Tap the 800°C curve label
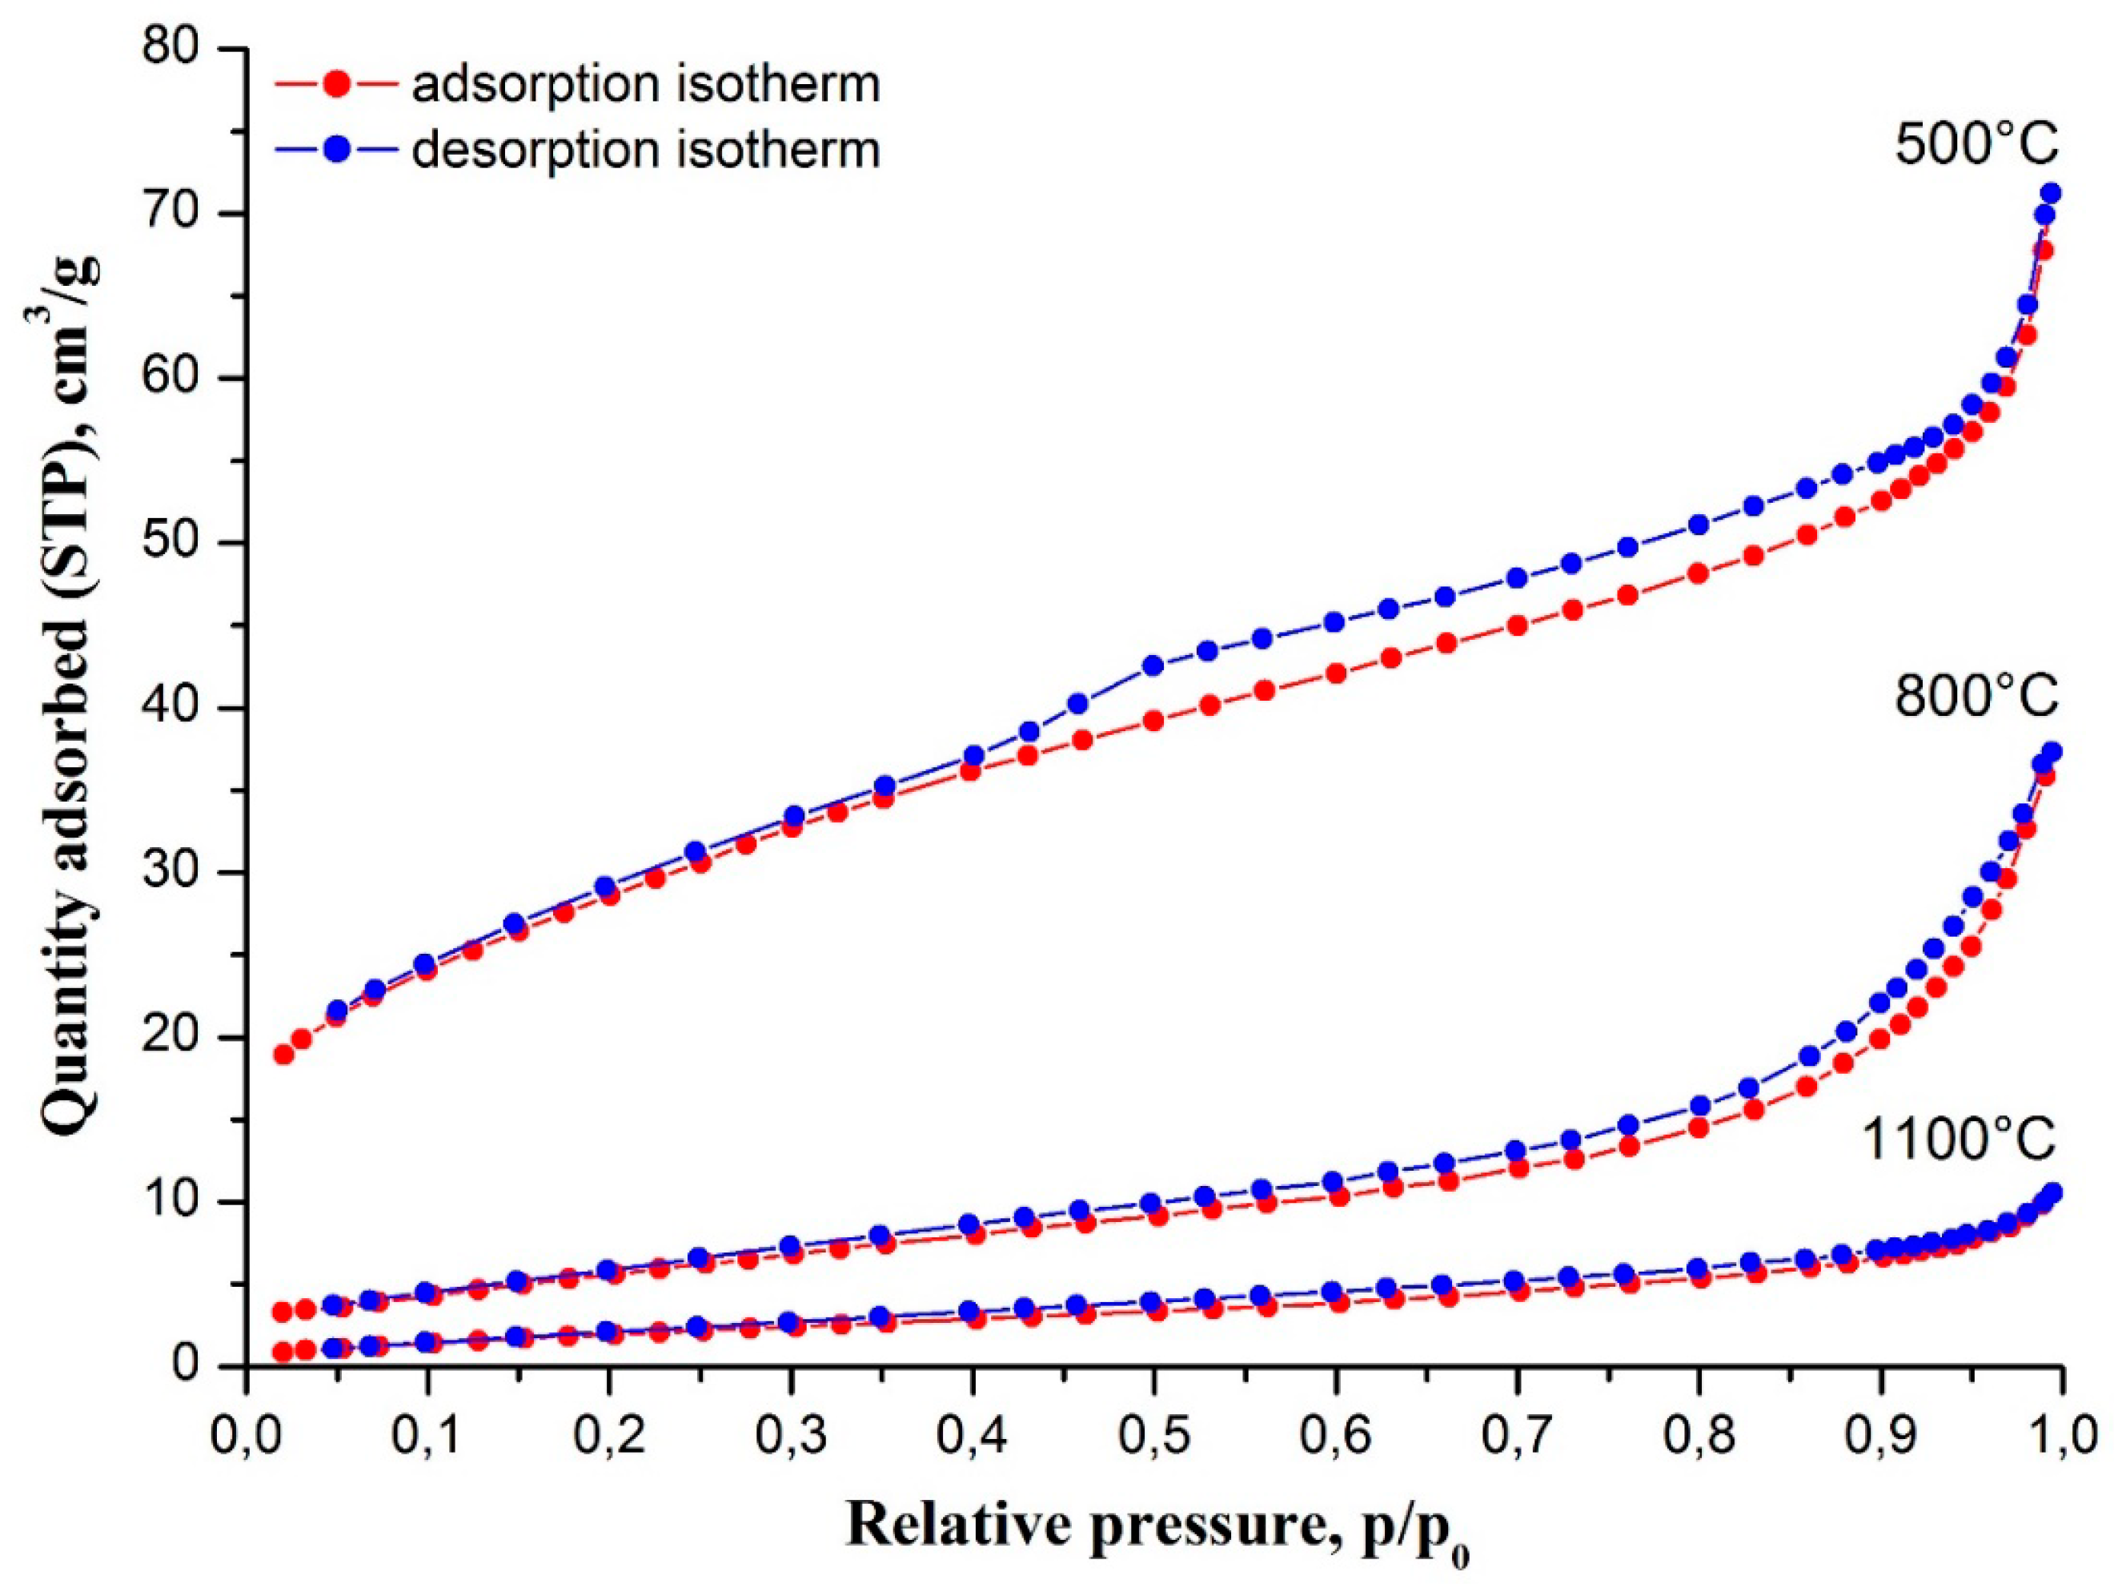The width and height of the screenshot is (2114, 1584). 1976,698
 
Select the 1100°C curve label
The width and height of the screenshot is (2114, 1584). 1960,1140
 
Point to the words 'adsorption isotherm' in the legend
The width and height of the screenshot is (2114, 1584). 646,84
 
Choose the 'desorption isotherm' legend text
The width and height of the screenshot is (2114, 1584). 646,150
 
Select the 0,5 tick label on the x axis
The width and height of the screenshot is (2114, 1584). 1153,1436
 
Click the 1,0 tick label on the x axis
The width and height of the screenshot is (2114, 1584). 2055,1436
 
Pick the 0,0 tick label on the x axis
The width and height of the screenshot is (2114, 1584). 247,1436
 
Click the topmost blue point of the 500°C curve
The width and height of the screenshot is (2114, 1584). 2050,193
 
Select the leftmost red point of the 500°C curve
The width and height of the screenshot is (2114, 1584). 283,1055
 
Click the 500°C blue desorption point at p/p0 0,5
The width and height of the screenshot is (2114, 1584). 1153,665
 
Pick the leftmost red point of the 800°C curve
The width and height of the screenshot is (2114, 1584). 283,1312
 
